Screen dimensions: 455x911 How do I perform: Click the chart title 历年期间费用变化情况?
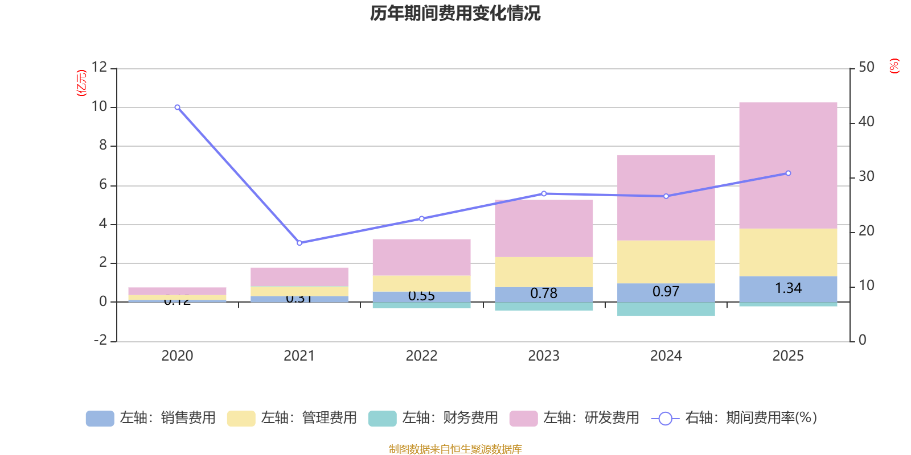tap(455, 13)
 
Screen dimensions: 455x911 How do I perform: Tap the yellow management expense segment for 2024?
tap(666, 262)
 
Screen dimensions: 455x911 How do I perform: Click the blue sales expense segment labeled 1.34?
tap(788, 289)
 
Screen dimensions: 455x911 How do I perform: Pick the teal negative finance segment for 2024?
tap(666, 309)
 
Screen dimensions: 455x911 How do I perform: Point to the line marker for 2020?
tap(177, 107)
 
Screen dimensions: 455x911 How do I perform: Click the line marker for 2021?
tap(299, 243)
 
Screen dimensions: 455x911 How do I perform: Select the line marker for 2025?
tap(788, 173)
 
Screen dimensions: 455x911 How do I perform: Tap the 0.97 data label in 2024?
tap(666, 292)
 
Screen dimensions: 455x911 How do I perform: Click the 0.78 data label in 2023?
tap(544, 293)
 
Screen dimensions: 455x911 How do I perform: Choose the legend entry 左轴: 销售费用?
tap(151, 418)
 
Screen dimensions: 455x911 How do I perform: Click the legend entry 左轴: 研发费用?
tap(574, 418)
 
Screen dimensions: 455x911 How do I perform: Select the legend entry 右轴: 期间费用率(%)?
tap(734, 418)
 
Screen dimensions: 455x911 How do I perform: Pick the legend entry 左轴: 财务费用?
tap(433, 418)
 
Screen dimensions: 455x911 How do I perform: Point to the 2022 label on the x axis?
tap(421, 356)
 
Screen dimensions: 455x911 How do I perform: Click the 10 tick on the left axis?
tap(99, 107)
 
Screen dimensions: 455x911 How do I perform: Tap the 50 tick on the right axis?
tap(866, 67)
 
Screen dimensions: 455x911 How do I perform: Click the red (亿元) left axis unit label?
tap(81, 83)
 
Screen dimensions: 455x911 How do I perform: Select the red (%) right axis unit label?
tap(894, 65)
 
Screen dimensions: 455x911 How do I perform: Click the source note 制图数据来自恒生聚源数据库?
tap(455, 449)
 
